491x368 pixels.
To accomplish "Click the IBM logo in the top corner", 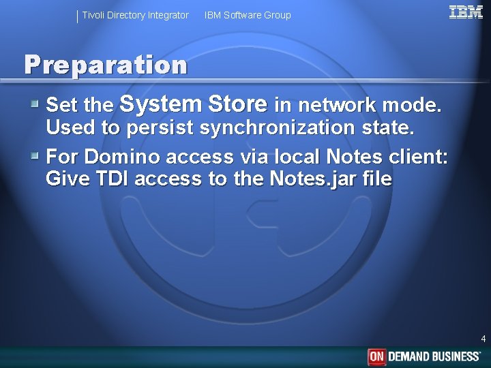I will point(466,12).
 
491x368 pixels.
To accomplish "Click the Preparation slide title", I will point(106,65).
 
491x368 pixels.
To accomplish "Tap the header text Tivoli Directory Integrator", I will point(135,15).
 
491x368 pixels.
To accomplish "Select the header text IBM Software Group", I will point(248,15).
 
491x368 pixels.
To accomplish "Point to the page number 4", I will point(483,339).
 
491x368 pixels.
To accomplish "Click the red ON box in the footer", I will point(377,356).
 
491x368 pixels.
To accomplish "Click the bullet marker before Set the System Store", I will point(35,104).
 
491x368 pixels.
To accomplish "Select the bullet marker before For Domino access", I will point(35,156).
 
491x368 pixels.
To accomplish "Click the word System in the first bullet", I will point(160,104).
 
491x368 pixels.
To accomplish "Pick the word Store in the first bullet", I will point(237,104).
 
